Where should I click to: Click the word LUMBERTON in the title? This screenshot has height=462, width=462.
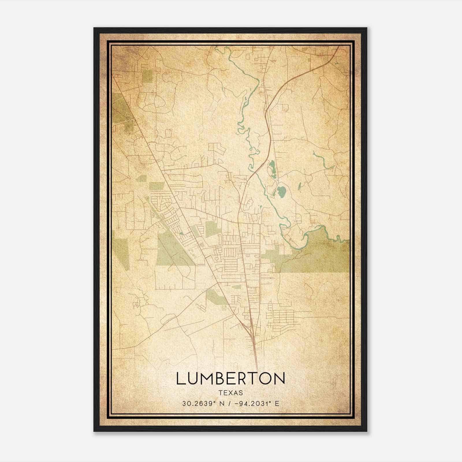[x=231, y=379]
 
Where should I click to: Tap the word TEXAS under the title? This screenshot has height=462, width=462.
[x=231, y=393]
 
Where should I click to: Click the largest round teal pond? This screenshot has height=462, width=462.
[x=281, y=191]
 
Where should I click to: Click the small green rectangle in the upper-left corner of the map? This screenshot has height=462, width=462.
[x=147, y=76]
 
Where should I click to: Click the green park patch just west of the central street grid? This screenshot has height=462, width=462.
[x=213, y=229]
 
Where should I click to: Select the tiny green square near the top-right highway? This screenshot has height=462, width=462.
[x=309, y=60]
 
